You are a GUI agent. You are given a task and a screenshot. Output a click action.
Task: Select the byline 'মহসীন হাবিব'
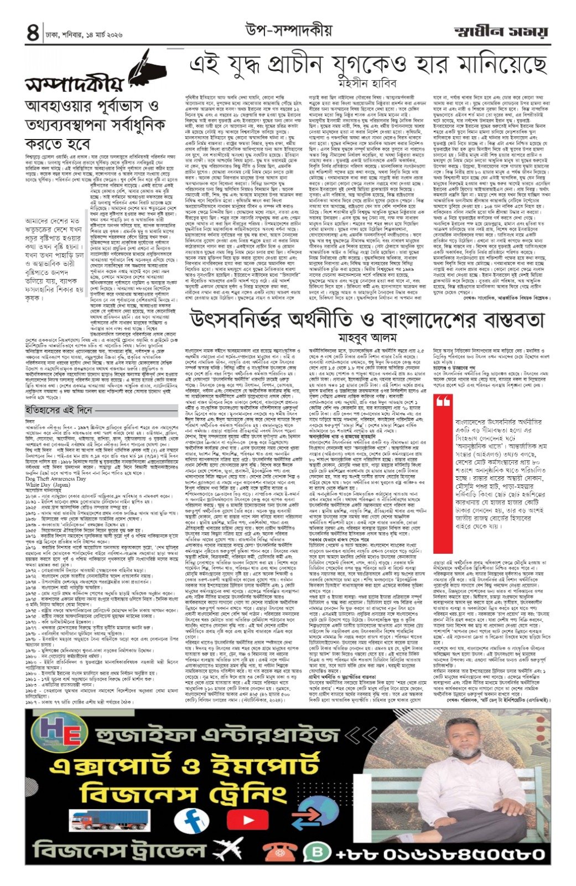[367, 83]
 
